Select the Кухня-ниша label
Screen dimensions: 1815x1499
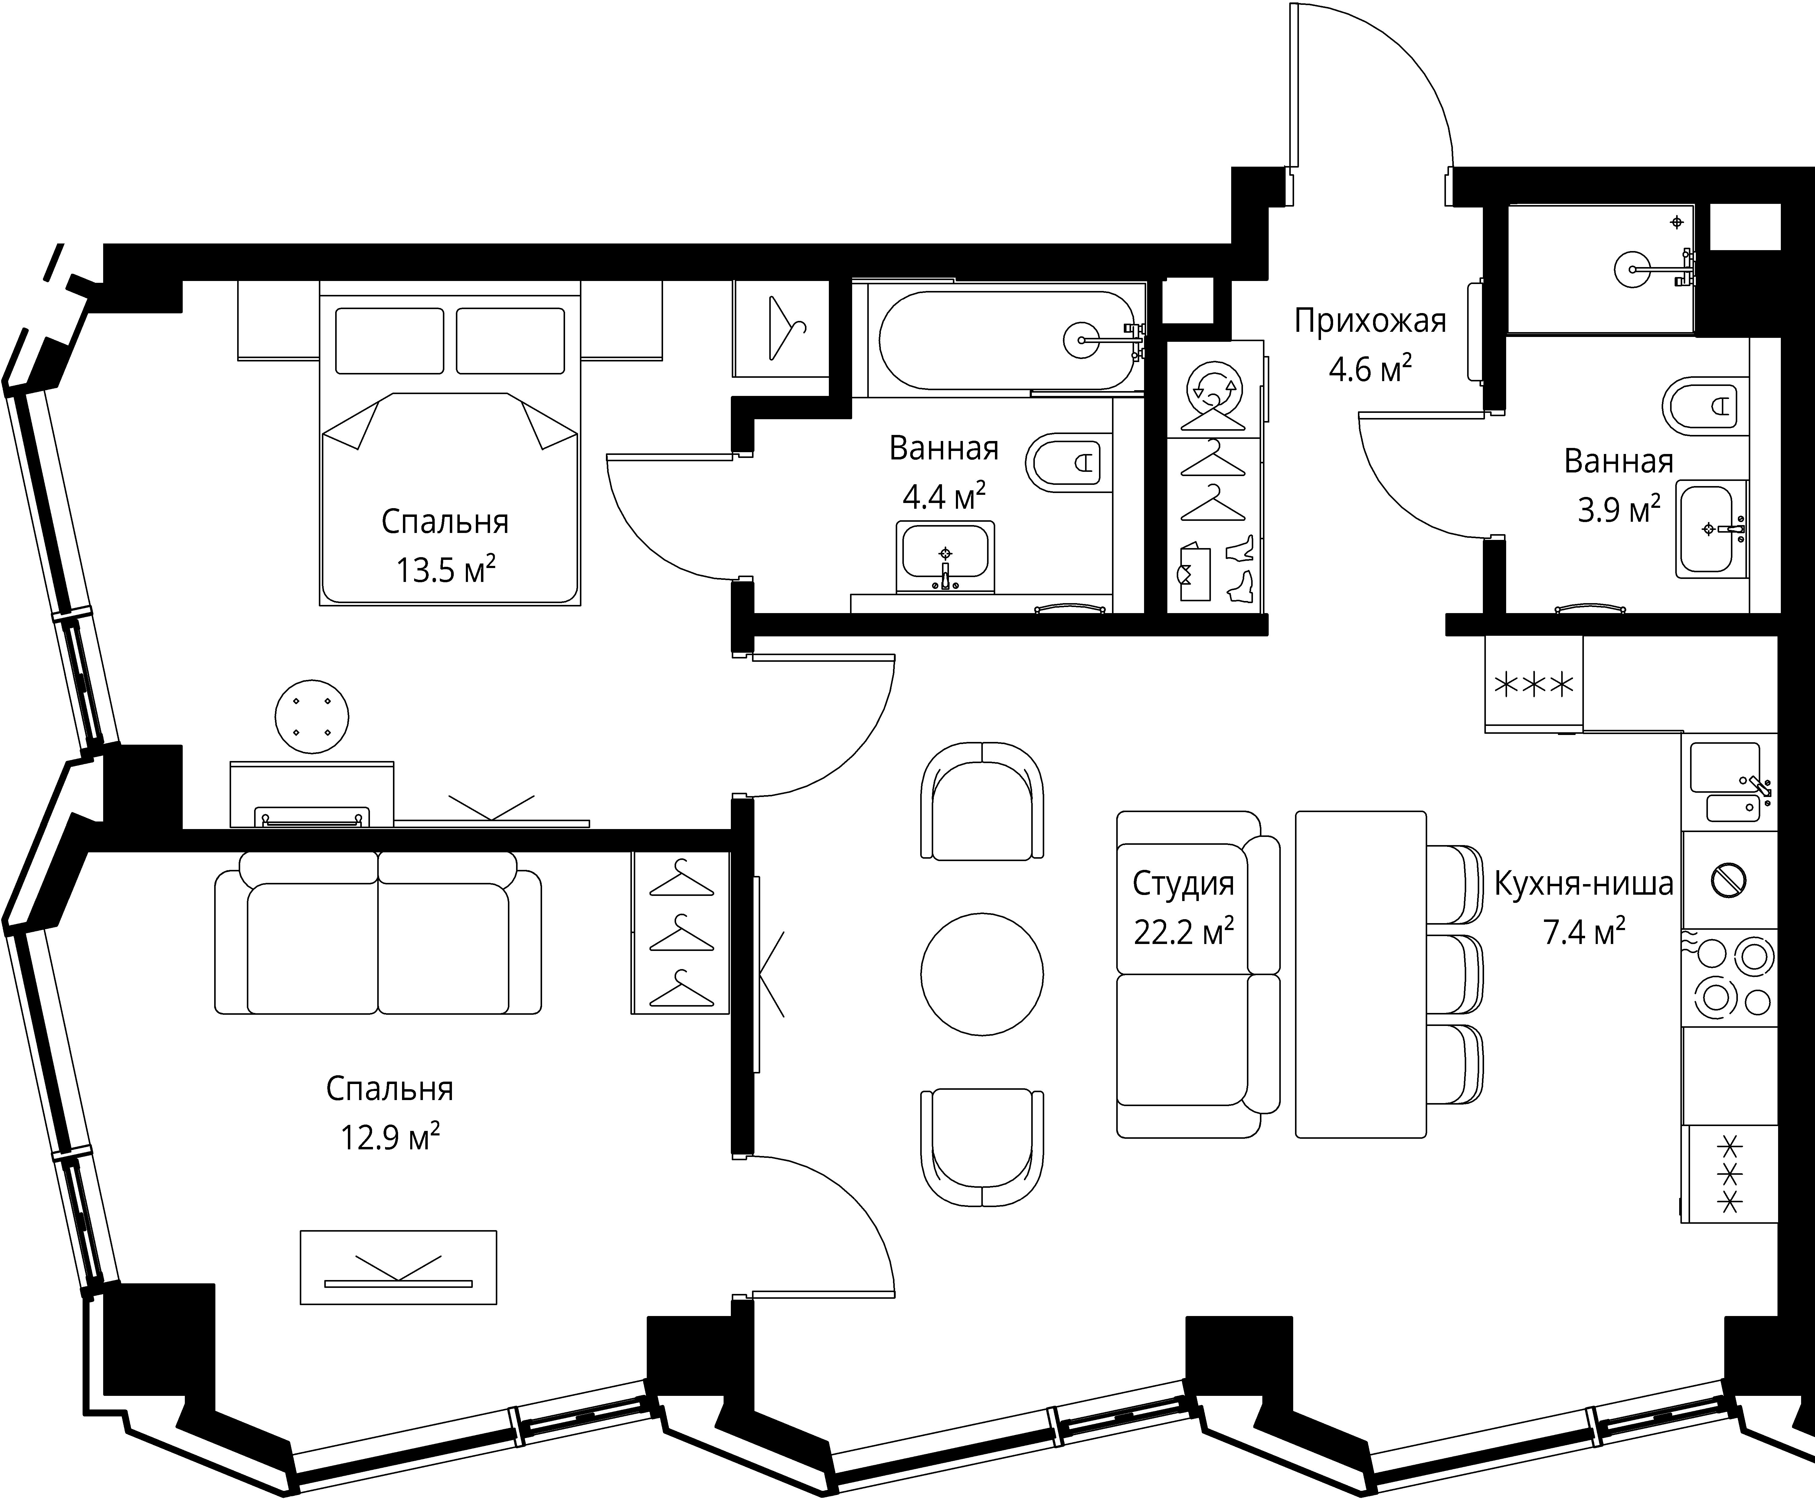(x=1584, y=883)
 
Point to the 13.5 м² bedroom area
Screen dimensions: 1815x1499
(x=446, y=570)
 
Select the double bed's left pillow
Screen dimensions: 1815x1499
(x=389, y=341)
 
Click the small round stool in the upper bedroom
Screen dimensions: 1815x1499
(x=312, y=716)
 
